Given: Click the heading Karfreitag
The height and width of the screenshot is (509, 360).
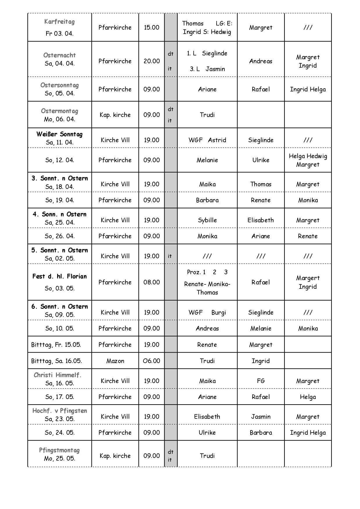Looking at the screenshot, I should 60,21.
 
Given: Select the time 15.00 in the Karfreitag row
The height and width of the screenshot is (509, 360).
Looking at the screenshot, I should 152,27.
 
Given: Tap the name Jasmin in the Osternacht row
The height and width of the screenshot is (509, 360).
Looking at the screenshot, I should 215,69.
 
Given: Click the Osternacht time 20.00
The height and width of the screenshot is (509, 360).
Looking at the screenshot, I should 152,61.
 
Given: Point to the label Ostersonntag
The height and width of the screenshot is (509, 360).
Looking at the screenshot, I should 60,85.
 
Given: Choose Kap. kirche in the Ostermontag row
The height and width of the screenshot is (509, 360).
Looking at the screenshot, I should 115,115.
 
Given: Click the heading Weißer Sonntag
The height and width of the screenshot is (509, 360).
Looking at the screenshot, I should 60,134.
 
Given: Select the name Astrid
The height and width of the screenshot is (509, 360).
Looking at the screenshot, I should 217,140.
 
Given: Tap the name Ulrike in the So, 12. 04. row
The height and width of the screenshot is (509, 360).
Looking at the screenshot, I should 261,160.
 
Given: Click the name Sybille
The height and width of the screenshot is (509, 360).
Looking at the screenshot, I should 207,220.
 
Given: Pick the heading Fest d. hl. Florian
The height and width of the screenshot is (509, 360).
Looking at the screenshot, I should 60,276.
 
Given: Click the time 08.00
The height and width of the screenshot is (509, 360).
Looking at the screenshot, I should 152,282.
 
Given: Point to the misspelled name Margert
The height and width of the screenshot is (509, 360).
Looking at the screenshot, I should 308,278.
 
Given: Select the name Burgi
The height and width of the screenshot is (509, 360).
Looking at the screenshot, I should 219,312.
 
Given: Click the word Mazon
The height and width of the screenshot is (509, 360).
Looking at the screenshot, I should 115,361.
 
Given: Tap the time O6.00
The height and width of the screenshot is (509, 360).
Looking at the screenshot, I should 152,361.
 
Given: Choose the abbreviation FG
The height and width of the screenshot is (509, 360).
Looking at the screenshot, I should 261,381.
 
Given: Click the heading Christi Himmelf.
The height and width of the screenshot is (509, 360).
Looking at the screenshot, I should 57,375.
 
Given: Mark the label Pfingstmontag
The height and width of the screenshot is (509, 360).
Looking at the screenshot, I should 60,450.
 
